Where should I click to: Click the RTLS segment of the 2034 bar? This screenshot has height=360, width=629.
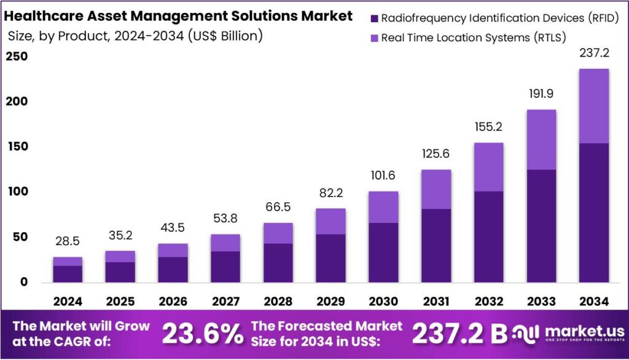pos(594,106)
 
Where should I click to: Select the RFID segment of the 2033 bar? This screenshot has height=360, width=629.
pos(541,225)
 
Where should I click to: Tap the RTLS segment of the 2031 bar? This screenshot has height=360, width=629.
pos(436,189)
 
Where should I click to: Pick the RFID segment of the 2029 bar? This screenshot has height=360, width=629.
pos(331,258)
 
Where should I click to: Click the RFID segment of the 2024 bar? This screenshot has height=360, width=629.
pos(68,274)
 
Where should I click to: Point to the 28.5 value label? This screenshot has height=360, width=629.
pos(68,241)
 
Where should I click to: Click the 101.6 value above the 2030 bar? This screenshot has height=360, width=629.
pos(383,175)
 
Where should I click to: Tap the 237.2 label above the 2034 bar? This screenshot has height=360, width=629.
pos(594,53)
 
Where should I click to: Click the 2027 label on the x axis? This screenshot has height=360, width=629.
pos(225,302)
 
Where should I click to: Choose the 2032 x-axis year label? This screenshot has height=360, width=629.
pos(488,302)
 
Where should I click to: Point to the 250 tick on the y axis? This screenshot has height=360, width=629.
pos(17,57)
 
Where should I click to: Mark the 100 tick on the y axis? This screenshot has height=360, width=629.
pos(17,192)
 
